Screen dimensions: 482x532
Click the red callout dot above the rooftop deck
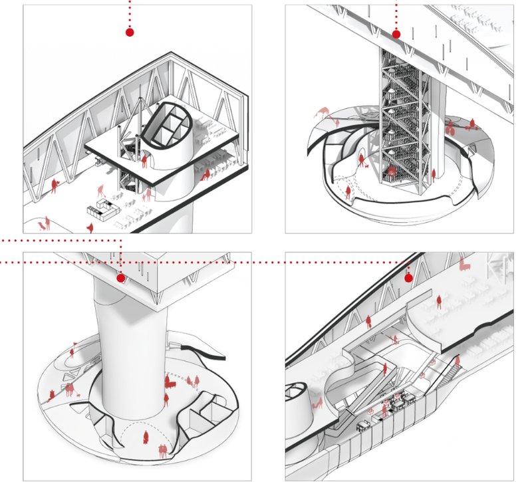pos(130,32)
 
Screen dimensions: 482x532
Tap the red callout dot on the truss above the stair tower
pos(396,34)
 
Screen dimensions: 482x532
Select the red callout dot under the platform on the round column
pos(120,278)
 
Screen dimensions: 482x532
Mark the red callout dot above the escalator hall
pos(409,277)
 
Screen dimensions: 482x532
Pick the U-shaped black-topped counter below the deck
pos(101,209)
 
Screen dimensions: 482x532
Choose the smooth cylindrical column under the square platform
pos(130,346)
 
